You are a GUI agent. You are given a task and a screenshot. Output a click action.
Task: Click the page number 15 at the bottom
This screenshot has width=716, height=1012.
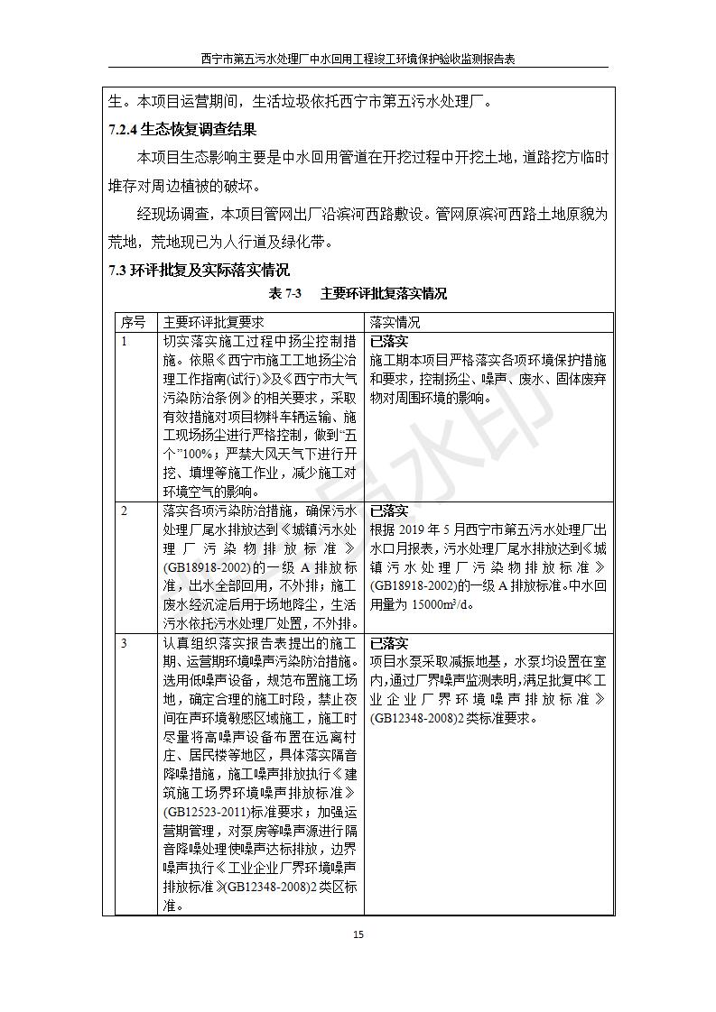click(358, 934)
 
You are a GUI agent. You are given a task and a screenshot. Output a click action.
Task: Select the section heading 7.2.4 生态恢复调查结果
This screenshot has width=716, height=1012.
click(181, 130)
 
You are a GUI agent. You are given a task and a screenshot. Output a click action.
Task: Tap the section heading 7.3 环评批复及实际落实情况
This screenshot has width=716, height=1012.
click(200, 270)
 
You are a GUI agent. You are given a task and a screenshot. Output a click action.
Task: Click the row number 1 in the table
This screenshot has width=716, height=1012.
click(125, 342)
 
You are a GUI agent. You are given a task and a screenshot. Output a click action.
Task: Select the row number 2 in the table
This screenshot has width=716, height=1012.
click(125, 511)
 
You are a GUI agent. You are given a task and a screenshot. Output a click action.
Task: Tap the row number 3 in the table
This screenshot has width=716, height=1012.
click(125, 643)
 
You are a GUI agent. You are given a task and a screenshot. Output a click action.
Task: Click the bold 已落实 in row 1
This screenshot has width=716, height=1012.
click(389, 342)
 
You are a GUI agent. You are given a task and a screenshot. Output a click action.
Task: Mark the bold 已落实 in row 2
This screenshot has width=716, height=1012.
click(389, 511)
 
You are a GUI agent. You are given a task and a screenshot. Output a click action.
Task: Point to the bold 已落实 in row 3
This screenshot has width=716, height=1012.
click(389, 643)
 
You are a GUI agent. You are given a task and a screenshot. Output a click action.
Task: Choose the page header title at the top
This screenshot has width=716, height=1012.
click(358, 60)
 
